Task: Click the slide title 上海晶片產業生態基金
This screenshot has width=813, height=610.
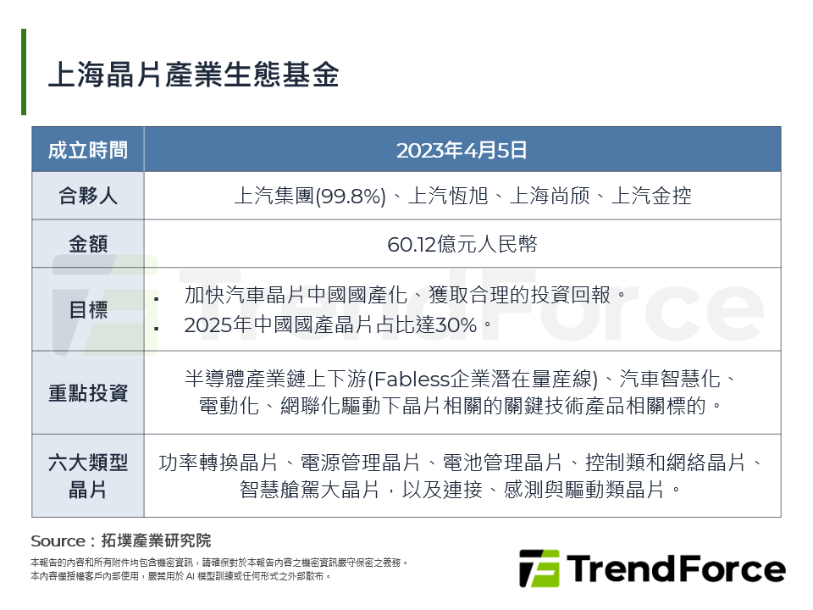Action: point(193,75)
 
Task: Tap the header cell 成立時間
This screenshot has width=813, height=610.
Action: point(88,150)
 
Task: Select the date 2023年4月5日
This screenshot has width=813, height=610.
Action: point(462,150)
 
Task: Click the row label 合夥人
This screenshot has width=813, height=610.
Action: point(88,197)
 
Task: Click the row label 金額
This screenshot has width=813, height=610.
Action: point(88,244)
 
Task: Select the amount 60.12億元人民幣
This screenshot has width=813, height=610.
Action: point(462,244)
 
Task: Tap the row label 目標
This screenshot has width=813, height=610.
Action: point(88,309)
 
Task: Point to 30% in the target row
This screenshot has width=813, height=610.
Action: point(464,324)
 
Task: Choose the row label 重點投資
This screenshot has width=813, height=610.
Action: point(88,392)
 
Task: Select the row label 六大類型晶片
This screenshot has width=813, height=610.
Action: point(88,475)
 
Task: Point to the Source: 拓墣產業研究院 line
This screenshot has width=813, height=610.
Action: point(120,541)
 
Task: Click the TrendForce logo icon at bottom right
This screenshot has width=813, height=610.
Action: point(539,568)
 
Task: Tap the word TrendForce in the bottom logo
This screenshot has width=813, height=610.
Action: point(675,568)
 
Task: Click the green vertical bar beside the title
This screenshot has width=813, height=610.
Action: point(24,72)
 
